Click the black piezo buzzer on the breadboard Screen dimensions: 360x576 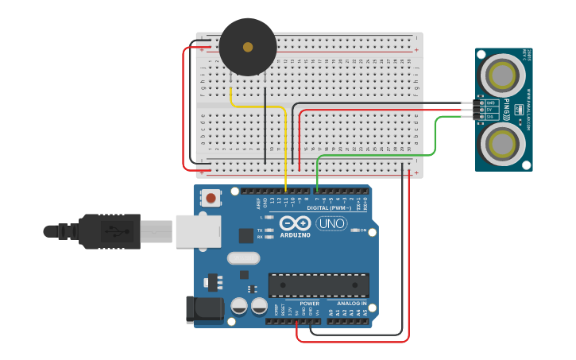coord(248,47)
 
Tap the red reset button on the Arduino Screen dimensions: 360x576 coord(211,197)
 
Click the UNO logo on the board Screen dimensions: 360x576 coord(331,223)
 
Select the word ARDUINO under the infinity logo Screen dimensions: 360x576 coord(294,235)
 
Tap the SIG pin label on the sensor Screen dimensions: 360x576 coord(490,116)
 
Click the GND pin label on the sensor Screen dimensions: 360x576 coord(490,103)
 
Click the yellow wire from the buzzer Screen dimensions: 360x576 coord(284,143)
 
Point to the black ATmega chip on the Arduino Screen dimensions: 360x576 coord(319,285)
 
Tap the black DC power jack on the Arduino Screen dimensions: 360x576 coord(202,310)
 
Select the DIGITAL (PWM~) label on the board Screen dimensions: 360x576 coord(327,208)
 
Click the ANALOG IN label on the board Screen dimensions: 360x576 coord(351,304)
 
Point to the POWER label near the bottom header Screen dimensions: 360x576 coord(309,304)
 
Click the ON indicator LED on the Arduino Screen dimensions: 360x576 coord(354,230)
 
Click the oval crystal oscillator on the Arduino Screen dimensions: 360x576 coord(243,257)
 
